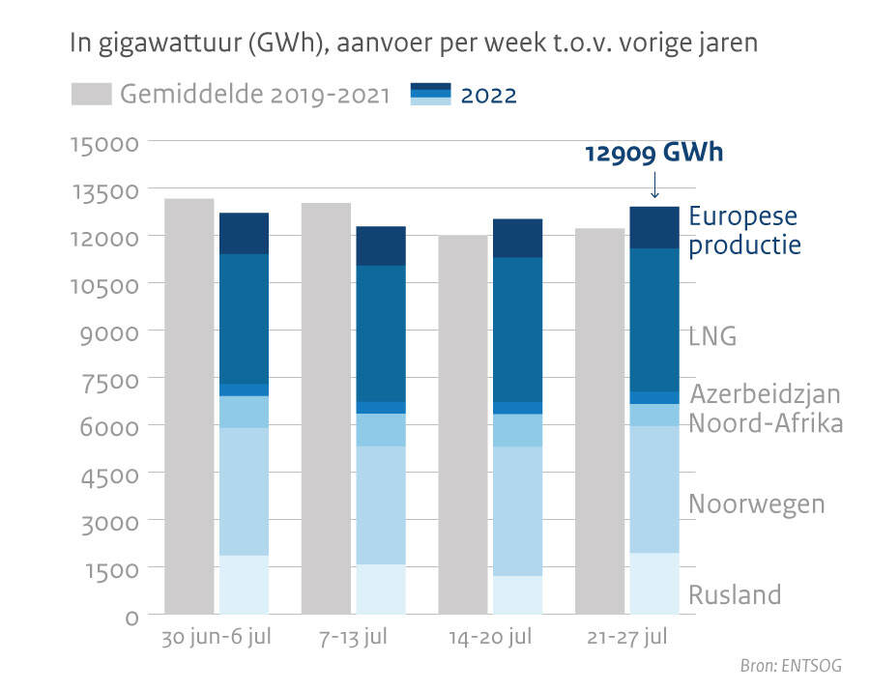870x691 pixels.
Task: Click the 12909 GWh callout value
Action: (x=654, y=154)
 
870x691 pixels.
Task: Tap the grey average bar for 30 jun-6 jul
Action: (x=189, y=406)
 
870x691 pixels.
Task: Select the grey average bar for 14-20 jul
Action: (x=462, y=425)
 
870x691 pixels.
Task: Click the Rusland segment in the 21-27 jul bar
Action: (x=654, y=584)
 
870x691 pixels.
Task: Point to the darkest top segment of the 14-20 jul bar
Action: (x=517, y=238)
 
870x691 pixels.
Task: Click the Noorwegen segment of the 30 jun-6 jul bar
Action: (x=244, y=491)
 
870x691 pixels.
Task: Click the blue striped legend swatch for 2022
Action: (x=431, y=95)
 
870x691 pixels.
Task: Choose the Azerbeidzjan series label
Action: (x=765, y=394)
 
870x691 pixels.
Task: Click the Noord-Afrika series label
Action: (x=766, y=423)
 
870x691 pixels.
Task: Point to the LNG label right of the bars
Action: (x=712, y=336)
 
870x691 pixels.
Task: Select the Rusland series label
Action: (x=735, y=594)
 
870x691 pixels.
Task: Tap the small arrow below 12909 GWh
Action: (x=654, y=184)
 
